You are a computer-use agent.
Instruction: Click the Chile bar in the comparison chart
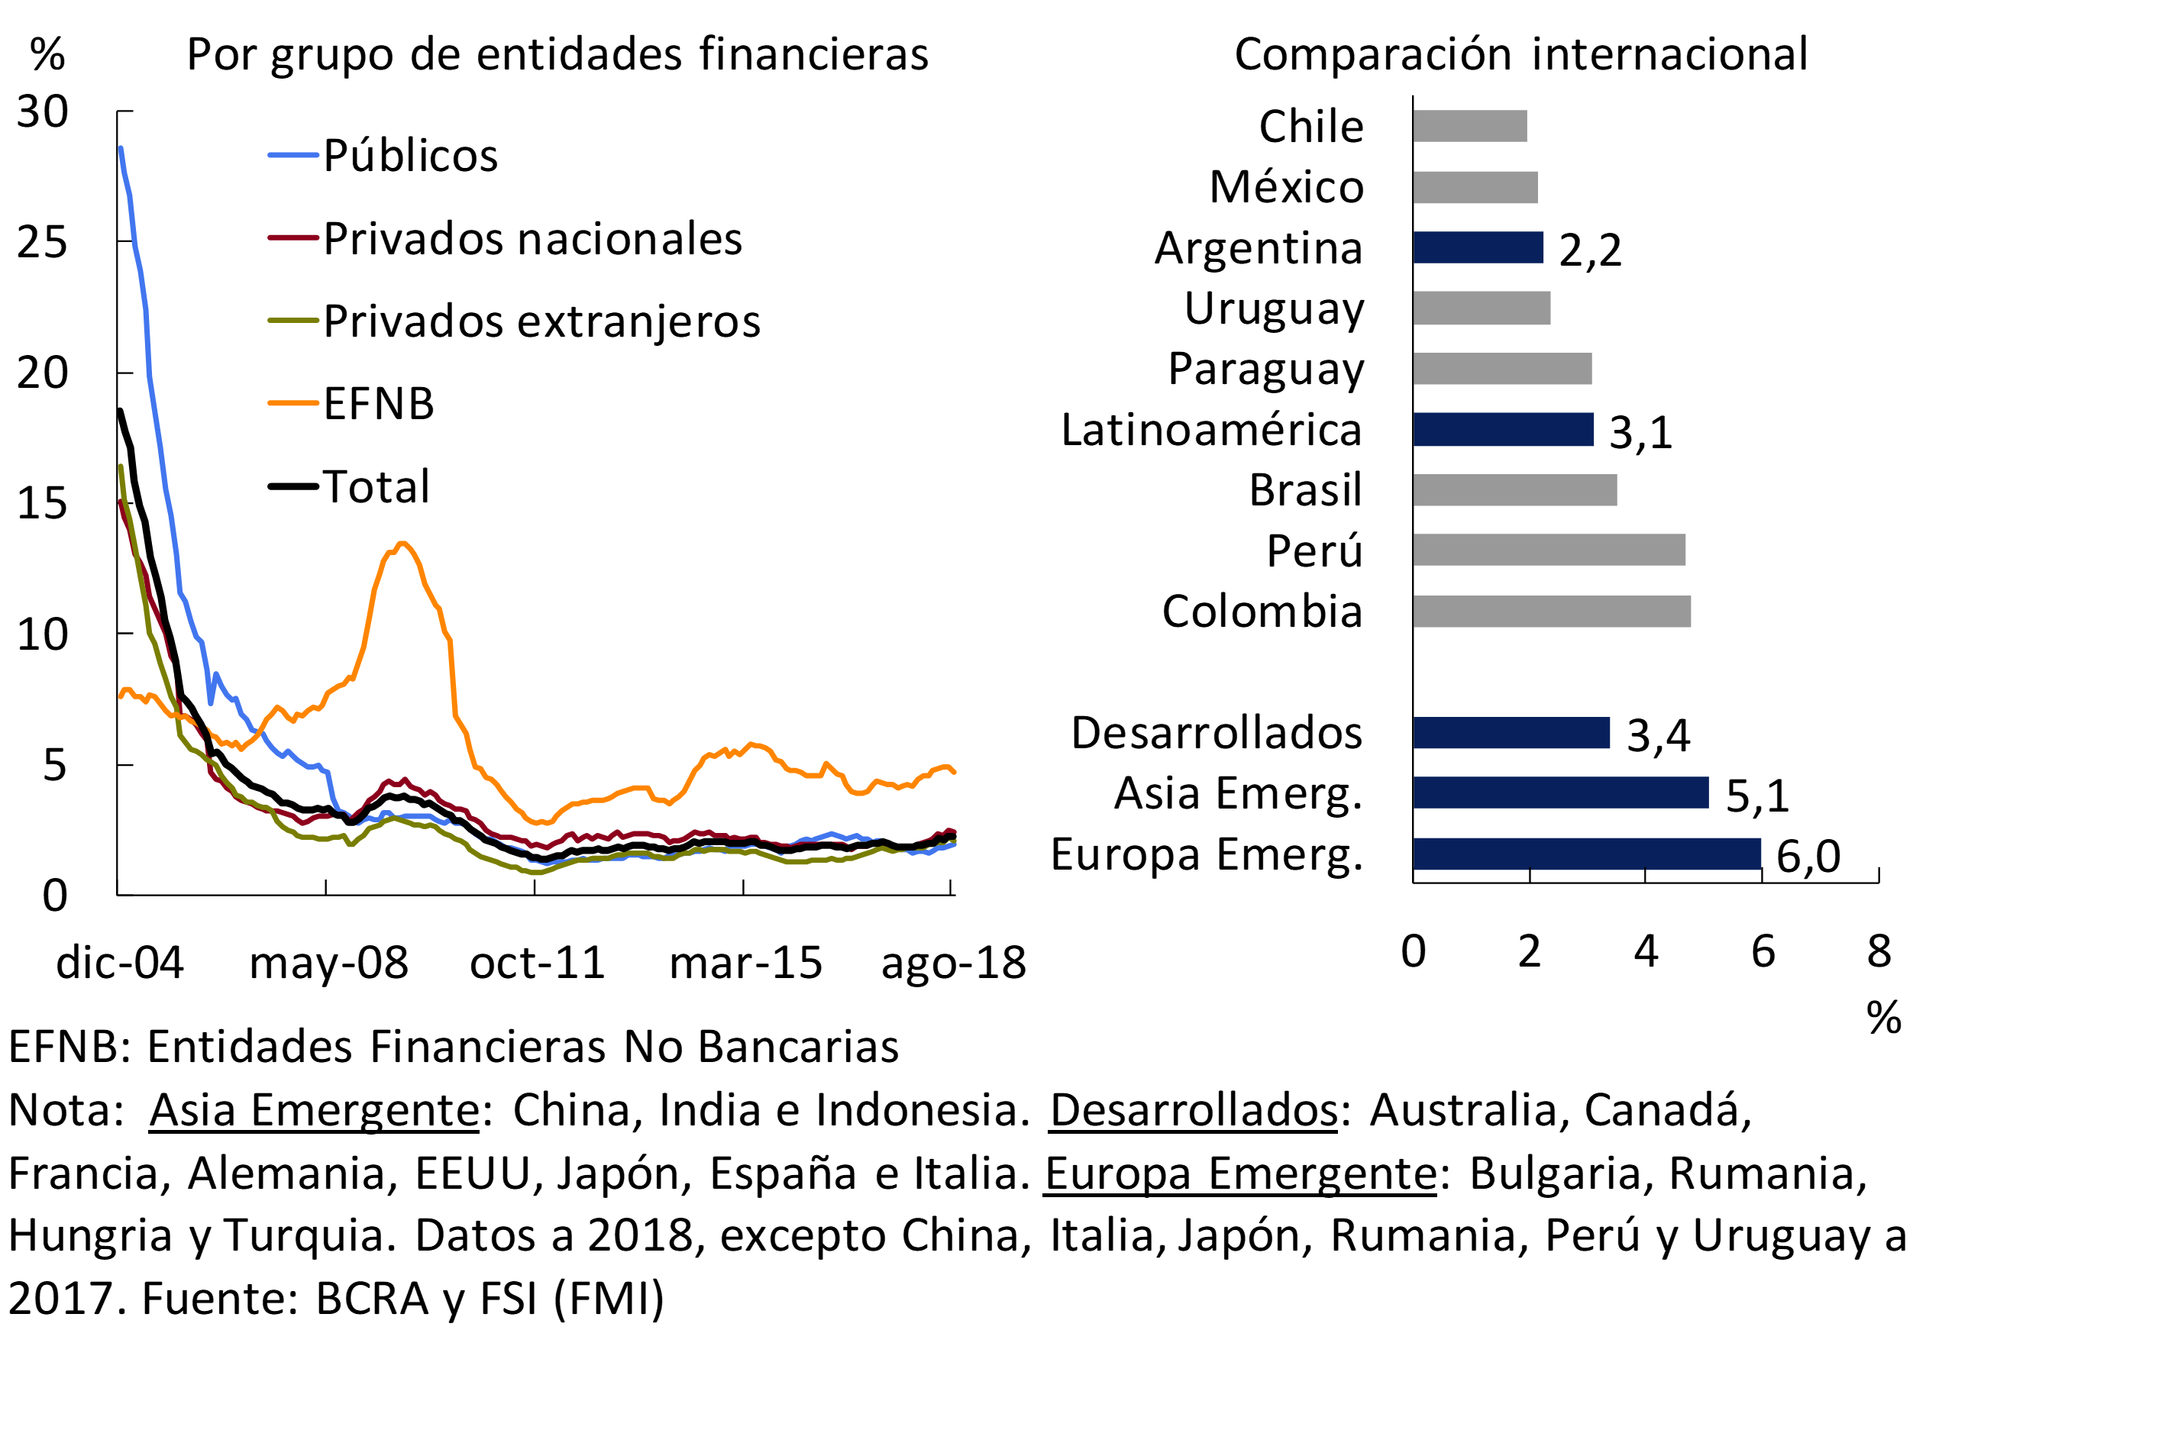(1470, 126)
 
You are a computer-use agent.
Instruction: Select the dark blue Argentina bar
(1478, 247)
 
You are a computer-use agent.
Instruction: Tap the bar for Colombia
(1551, 611)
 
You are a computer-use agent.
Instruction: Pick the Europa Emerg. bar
(1586, 853)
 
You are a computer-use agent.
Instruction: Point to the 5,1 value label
(1756, 795)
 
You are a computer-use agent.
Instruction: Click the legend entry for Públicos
(409, 154)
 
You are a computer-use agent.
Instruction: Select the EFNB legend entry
(378, 403)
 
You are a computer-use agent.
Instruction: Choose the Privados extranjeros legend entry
(541, 321)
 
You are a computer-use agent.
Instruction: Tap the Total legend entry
(376, 486)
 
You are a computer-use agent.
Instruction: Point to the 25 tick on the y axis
(42, 242)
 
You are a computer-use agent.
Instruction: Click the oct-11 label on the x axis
(538, 963)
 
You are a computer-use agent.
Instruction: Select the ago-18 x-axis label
(953, 963)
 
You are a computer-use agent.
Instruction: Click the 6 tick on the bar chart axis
(1762, 951)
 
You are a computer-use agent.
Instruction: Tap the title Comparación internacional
(1520, 53)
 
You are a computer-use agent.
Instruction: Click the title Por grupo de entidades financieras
(557, 53)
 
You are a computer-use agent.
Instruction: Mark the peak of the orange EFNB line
(402, 544)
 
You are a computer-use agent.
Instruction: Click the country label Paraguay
(1265, 369)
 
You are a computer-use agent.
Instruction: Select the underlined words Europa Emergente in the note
(1240, 1173)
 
